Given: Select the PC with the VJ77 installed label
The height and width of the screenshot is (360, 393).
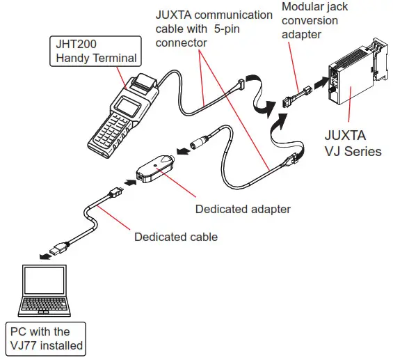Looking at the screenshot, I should [x=45, y=338].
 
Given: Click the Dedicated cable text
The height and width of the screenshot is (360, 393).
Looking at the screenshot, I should [x=175, y=237].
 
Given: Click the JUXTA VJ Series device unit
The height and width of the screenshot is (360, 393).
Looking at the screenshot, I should [x=355, y=84].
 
